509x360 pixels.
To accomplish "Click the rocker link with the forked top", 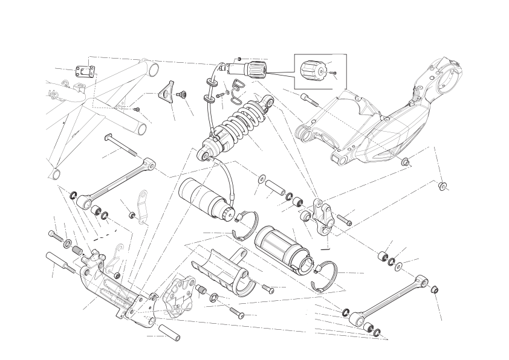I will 323,214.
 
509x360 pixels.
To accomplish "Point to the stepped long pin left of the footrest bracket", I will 60,262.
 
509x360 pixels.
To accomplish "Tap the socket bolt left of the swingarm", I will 308,99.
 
